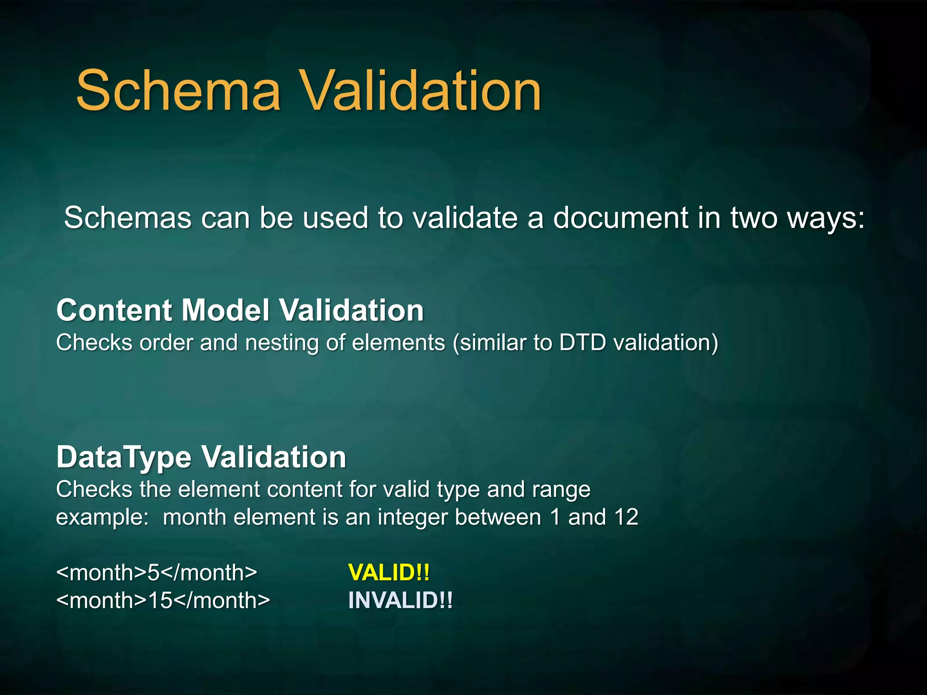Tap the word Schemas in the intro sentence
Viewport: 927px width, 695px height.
(128, 218)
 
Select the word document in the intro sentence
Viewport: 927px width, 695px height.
(620, 218)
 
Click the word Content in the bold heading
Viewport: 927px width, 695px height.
(114, 310)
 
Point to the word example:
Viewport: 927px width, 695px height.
(102, 518)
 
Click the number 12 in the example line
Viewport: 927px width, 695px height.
(626, 517)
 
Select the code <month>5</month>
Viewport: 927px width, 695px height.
(157, 573)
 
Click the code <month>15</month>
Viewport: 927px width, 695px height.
(163, 600)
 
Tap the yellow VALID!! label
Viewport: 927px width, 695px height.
(389, 573)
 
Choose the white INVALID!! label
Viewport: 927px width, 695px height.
(400, 600)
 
